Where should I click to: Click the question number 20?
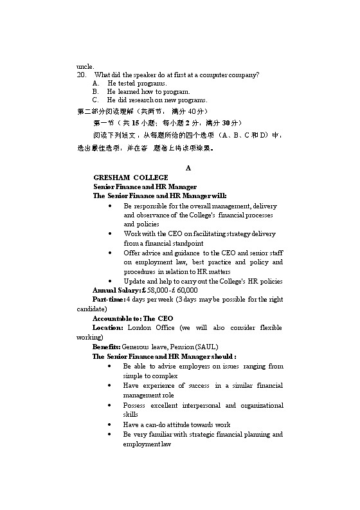pyautogui.click(x=81, y=75)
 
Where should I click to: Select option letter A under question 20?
pyautogui.click(x=96, y=83)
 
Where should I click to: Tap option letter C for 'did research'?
pyautogui.click(x=96, y=100)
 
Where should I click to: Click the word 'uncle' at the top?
pyautogui.click(x=84, y=66)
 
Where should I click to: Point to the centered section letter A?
pyautogui.click(x=188, y=168)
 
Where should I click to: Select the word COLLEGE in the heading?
pyautogui.click(x=150, y=177)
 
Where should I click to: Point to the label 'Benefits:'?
pyautogui.click(x=106, y=346)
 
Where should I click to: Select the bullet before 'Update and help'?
pyautogui.click(x=112, y=281)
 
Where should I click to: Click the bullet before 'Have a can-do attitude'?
pyautogui.click(x=112, y=424)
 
